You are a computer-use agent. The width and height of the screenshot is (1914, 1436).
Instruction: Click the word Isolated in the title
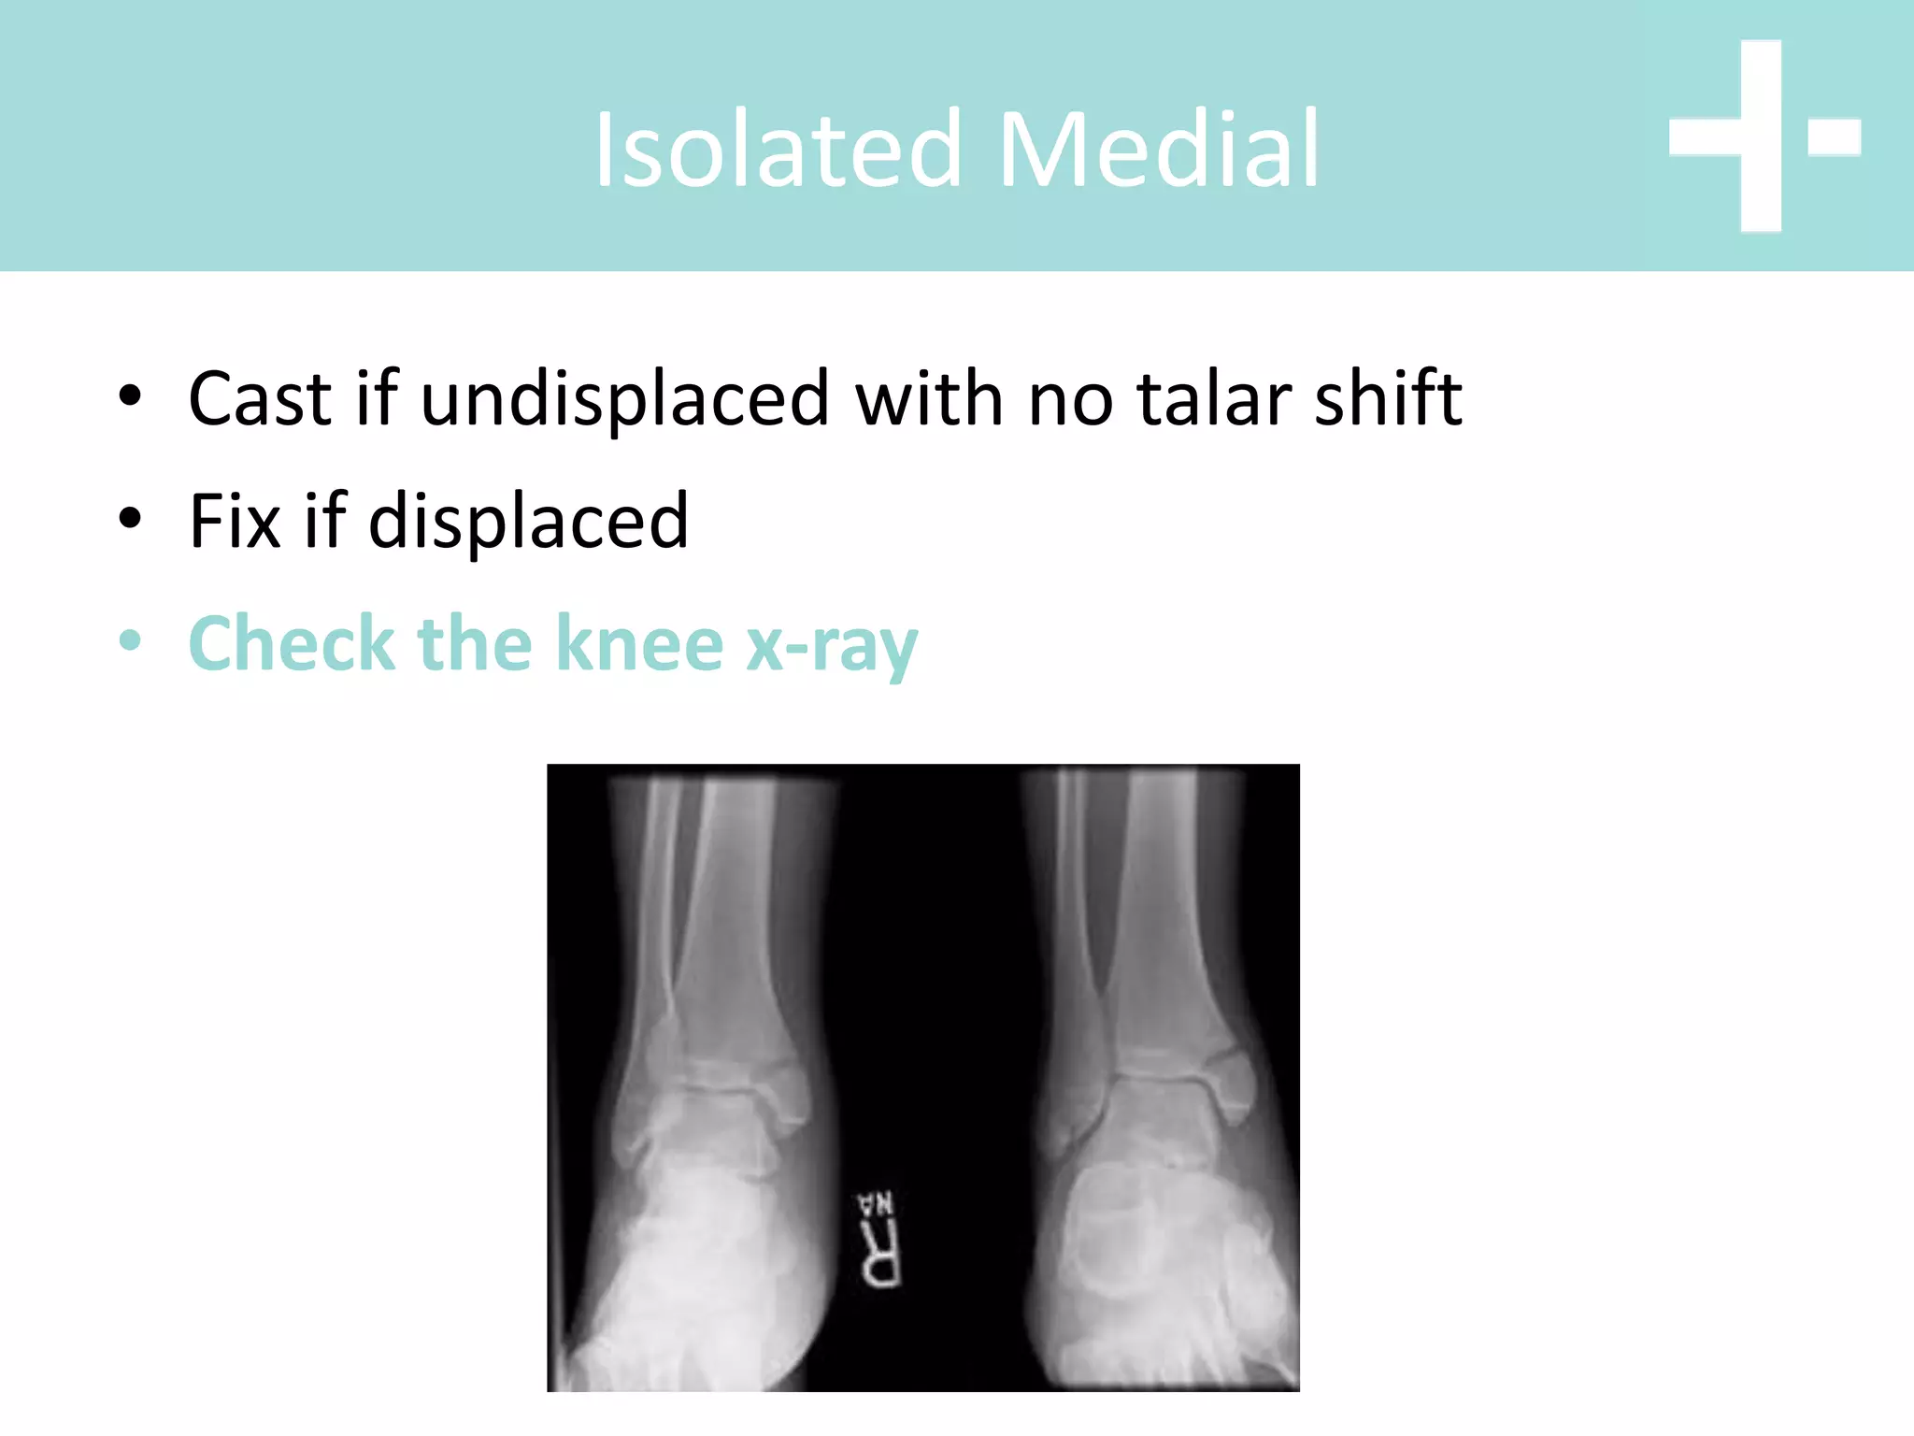(778, 150)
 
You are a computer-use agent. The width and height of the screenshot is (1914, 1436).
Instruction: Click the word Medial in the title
(1159, 150)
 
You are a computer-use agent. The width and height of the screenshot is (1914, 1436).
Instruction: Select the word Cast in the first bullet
(260, 399)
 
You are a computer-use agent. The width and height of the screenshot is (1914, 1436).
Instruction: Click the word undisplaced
(624, 399)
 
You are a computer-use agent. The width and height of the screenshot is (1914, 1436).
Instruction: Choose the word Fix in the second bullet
(235, 522)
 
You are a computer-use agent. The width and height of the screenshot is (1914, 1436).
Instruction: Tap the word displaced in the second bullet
(528, 522)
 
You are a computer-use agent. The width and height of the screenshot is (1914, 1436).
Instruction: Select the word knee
(639, 644)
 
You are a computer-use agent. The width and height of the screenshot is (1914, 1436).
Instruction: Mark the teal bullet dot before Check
(130, 642)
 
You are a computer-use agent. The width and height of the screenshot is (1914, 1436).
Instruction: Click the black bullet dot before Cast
(130, 396)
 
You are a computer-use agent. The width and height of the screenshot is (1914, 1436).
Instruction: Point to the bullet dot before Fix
(130, 519)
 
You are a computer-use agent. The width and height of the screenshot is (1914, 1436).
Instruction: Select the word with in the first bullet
(929, 399)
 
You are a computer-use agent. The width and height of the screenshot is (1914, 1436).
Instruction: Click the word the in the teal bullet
(474, 644)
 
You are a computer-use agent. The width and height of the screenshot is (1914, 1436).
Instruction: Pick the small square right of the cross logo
(1835, 136)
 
